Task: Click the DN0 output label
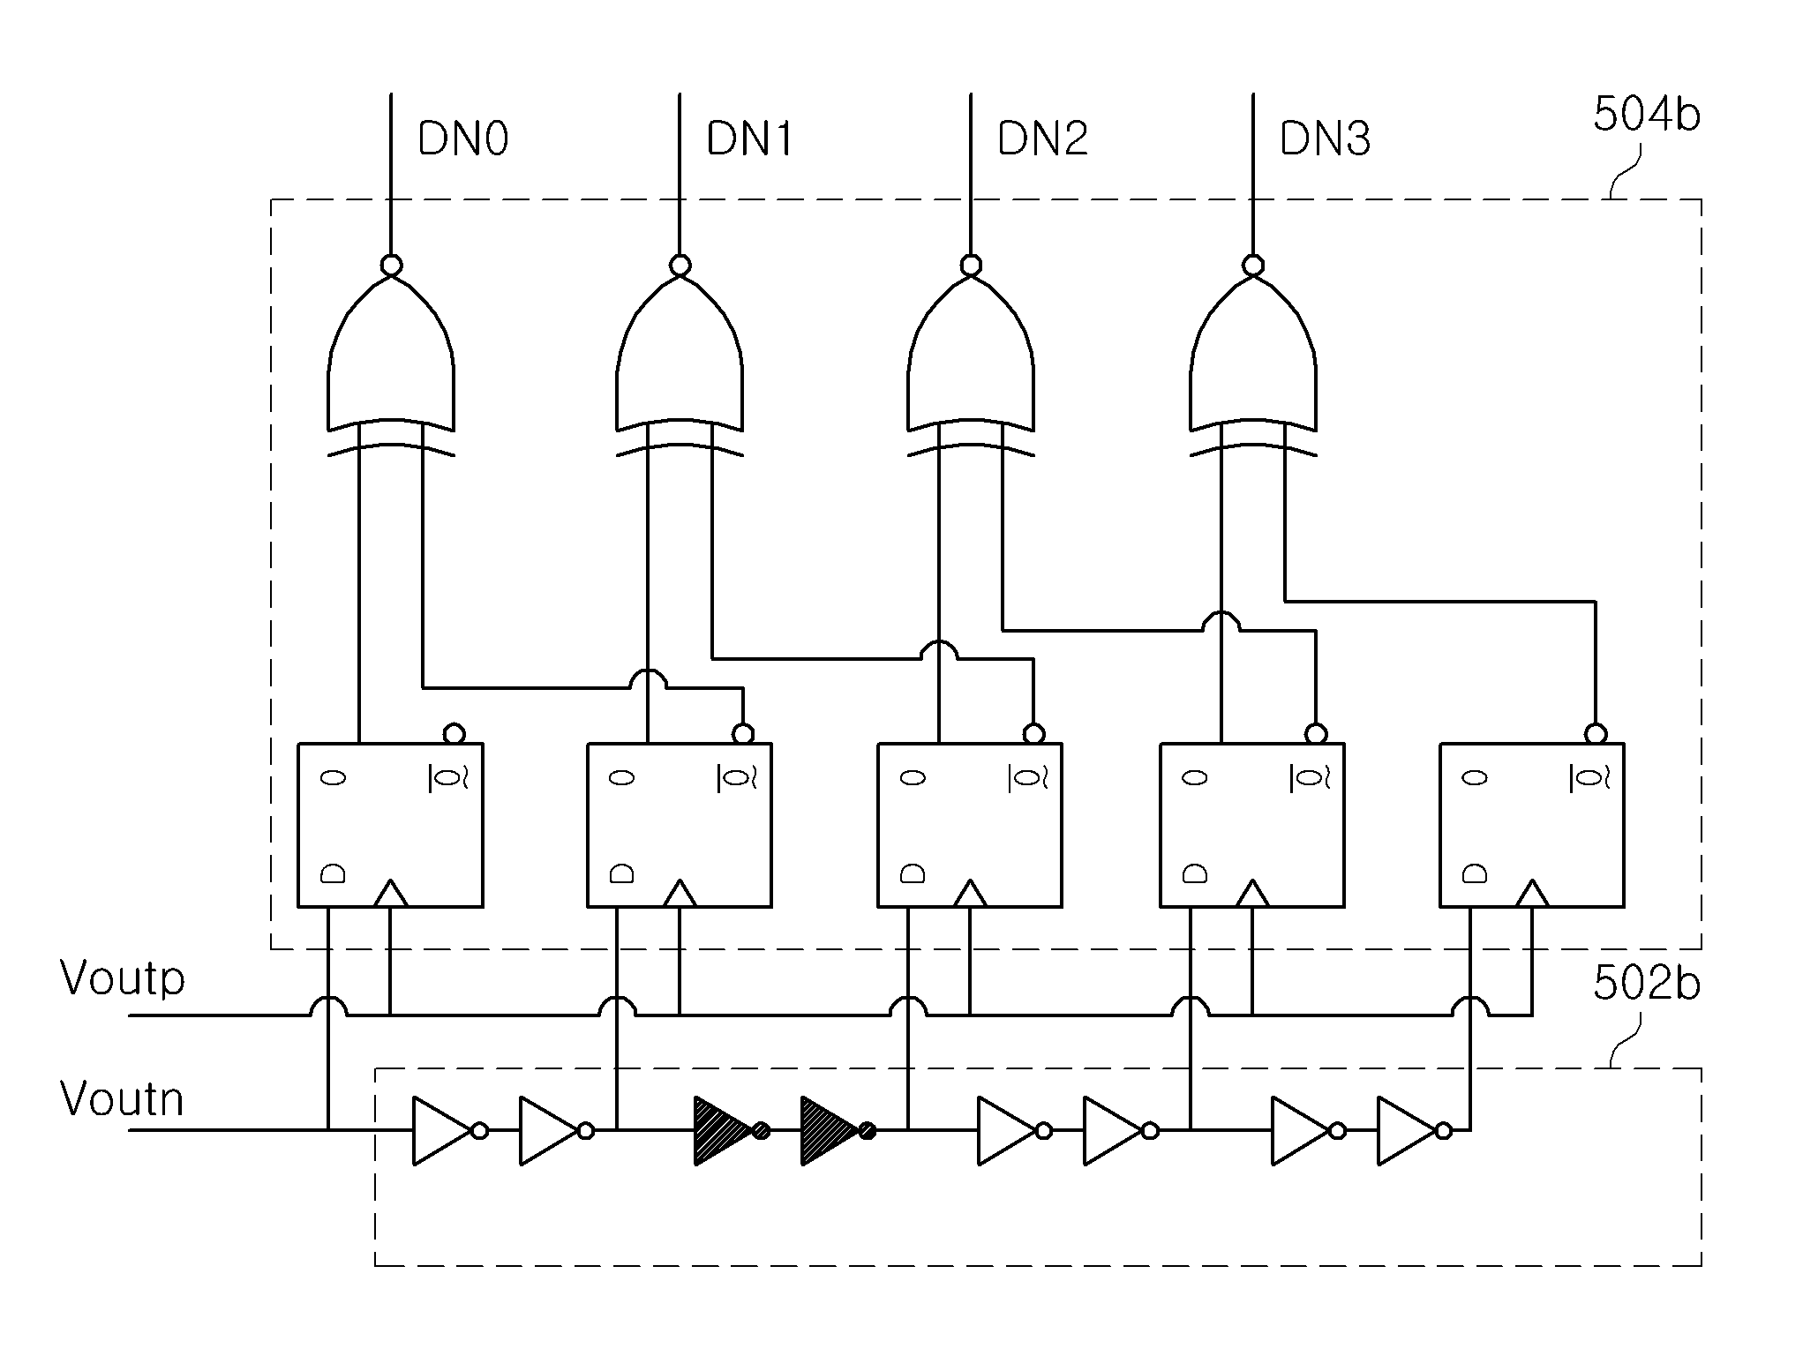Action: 462,139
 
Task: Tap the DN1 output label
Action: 749,139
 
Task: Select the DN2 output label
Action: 1042,139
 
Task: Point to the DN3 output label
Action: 1325,139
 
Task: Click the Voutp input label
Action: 123,979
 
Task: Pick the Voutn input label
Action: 122,1099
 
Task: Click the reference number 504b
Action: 1646,115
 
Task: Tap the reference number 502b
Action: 1646,984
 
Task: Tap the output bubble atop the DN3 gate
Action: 1252,265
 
